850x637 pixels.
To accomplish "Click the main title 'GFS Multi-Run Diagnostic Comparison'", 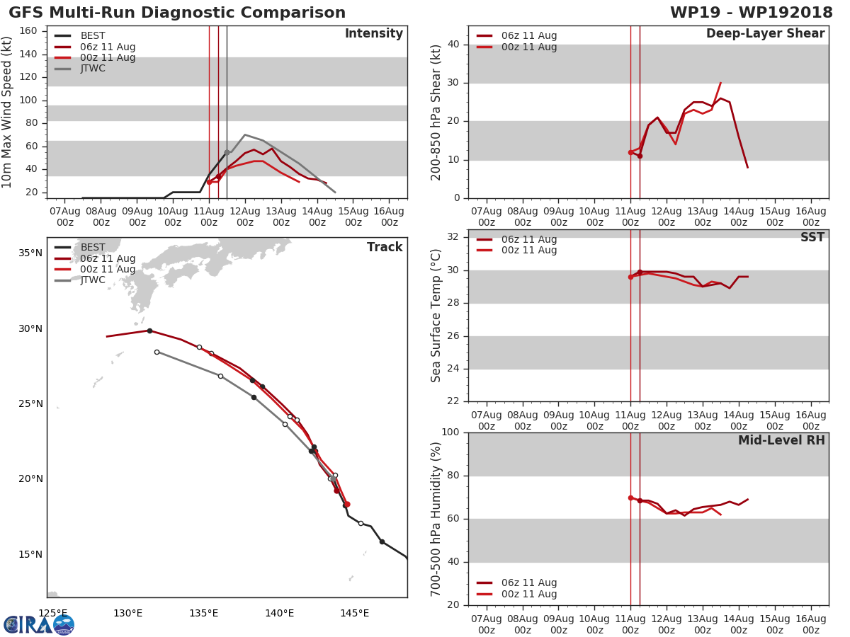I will (177, 13).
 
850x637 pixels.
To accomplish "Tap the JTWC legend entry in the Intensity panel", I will (93, 69).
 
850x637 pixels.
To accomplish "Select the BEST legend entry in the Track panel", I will (93, 248).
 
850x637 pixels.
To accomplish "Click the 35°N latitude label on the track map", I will (29, 253).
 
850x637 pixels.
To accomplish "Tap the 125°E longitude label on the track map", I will (53, 613).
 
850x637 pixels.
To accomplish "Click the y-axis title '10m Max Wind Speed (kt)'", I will (8, 112).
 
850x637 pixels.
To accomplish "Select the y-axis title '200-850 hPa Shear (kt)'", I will (436, 112).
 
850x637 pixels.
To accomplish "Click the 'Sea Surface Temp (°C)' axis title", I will (436, 316).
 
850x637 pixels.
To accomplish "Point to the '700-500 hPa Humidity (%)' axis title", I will (436, 519).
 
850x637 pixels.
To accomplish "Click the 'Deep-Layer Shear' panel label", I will (765, 34).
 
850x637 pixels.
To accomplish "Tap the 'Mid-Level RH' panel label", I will (781, 441).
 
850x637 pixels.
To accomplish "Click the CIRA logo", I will (39, 625).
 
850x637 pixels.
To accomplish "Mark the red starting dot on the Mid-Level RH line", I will (630, 498).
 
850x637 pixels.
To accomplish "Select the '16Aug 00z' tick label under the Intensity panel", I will (389, 217).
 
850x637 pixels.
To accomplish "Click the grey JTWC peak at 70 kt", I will (245, 134).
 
